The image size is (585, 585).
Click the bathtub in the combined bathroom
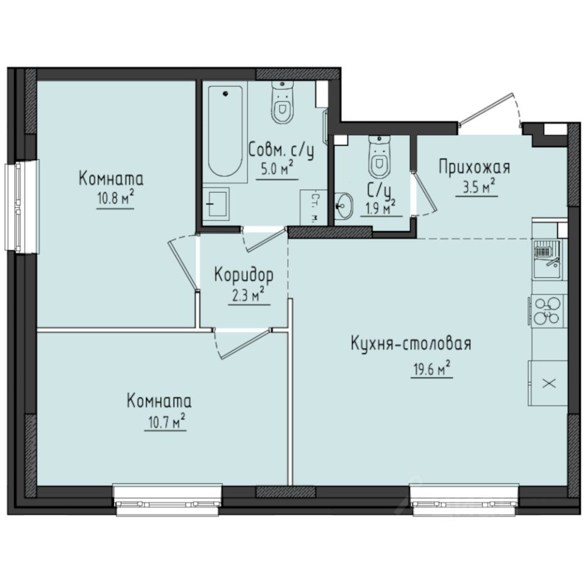[226, 130]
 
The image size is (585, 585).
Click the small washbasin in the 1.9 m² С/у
[344, 205]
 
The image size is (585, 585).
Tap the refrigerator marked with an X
[548, 383]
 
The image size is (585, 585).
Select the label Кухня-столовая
[411, 344]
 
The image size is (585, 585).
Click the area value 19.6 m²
[430, 368]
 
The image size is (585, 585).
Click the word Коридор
[243, 274]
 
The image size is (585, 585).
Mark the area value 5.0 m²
[277, 169]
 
